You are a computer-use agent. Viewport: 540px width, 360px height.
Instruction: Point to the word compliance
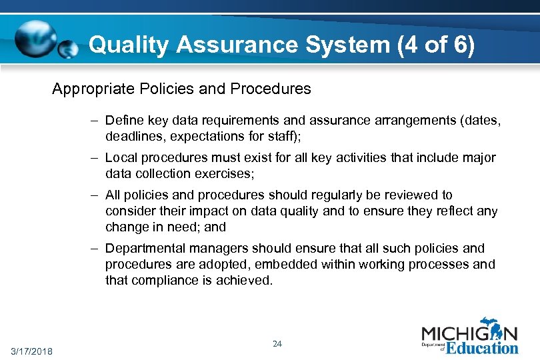pyautogui.click(x=161, y=281)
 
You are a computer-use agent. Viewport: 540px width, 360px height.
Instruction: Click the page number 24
pyautogui.click(x=277, y=344)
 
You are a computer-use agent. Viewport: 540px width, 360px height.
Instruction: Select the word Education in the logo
pyautogui.click(x=481, y=348)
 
